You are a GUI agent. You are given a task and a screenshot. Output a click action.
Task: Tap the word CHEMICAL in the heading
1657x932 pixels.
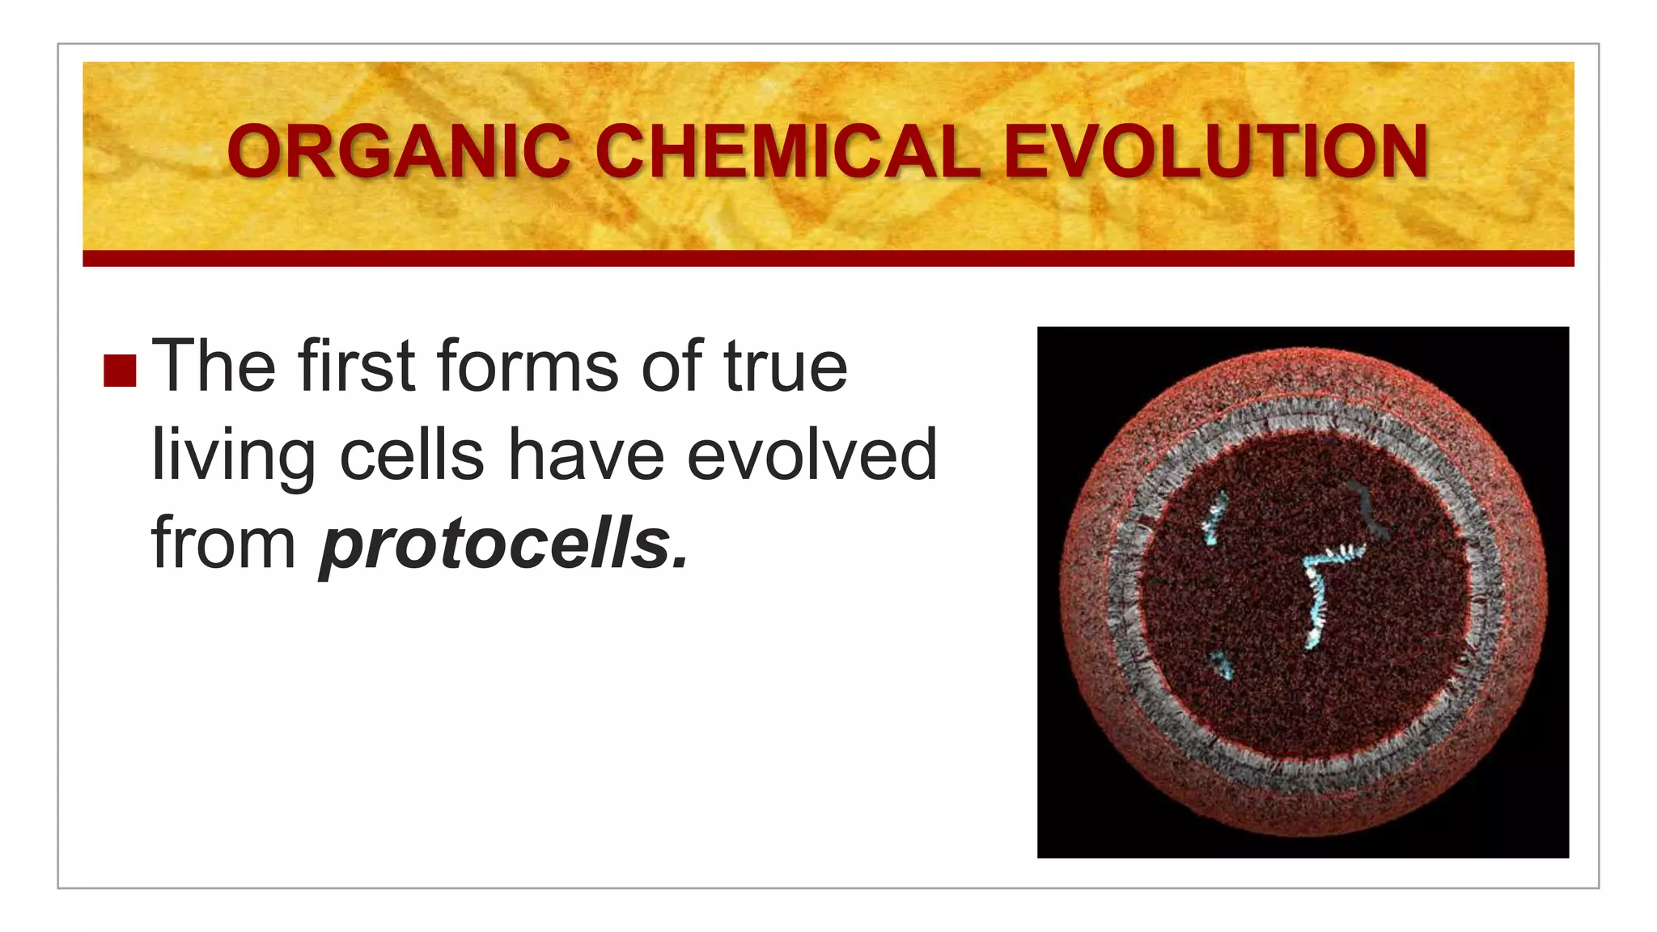pos(788,152)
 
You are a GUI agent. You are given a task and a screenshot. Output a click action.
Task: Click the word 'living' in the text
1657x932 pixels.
pos(233,455)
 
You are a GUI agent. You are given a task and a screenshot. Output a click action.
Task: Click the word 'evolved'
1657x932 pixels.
pos(812,455)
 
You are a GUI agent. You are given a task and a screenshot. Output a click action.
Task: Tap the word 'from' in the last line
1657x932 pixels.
pos(224,542)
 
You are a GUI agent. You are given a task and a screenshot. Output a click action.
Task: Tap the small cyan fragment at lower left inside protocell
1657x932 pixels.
pos(1221,664)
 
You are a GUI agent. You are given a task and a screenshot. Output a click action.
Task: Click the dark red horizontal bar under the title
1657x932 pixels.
pos(828,259)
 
